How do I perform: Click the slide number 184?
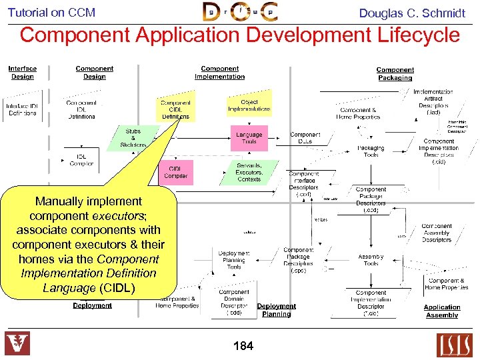coord(243,345)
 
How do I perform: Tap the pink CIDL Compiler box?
coord(175,172)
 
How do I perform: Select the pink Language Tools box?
coord(249,138)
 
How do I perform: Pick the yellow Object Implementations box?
coord(249,105)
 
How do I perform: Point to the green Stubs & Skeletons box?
coord(133,138)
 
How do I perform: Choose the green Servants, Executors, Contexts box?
coord(249,172)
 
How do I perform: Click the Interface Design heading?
coord(23,72)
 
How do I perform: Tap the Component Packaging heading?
coord(395,73)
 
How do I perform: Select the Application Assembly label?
coord(442,311)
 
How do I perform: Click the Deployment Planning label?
coord(276,310)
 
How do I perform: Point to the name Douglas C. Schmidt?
coord(412,13)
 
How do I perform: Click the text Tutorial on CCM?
coord(51,13)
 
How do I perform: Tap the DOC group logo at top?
coord(240,12)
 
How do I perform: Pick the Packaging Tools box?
coord(371,151)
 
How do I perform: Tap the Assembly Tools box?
coord(371,259)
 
